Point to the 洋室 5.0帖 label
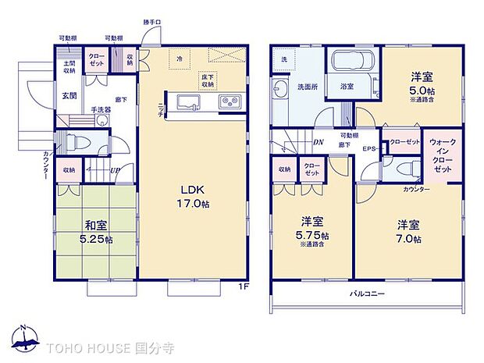(422, 84)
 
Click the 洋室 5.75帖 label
(312, 226)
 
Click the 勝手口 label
(152, 23)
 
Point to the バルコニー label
(364, 294)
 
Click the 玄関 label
(69, 96)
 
